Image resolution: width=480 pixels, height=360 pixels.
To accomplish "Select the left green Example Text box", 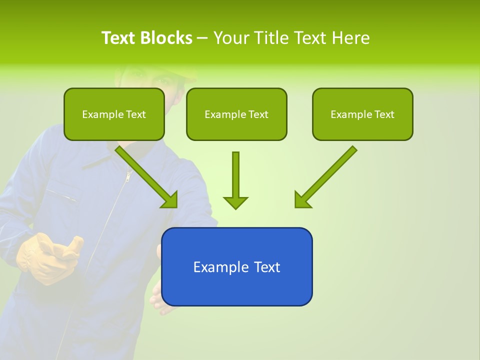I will (x=114, y=114).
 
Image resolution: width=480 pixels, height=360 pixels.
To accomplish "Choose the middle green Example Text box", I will (x=236, y=114).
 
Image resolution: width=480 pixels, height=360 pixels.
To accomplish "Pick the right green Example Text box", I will (x=362, y=114).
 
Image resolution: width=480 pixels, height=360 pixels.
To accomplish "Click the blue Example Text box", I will (x=236, y=266).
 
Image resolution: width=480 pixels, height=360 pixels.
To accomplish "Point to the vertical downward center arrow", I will (x=235, y=180).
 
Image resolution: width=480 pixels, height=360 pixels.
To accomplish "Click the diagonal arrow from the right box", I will (x=325, y=177).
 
